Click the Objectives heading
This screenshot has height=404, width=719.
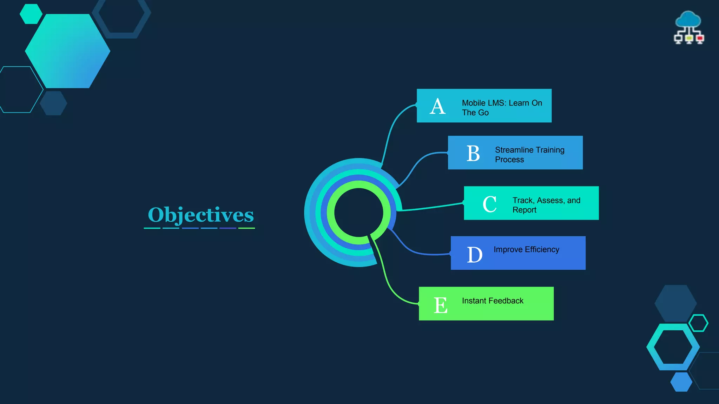(200, 215)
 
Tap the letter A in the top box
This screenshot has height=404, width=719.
(438, 106)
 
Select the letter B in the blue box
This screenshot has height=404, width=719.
(473, 154)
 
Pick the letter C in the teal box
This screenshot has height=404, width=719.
(489, 204)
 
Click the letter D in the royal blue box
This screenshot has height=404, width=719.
(475, 255)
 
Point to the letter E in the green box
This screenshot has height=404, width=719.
(441, 305)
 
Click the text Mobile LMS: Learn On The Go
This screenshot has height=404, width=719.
(502, 108)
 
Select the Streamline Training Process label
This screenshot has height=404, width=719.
(529, 155)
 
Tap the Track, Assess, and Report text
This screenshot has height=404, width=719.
(546, 205)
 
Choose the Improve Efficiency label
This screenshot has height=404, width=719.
(526, 249)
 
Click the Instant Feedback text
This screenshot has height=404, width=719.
(493, 301)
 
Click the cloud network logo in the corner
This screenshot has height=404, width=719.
(689, 27)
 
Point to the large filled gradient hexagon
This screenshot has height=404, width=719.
(68, 51)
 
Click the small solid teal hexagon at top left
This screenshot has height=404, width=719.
(31, 14)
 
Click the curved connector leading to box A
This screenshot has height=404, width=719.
(391, 130)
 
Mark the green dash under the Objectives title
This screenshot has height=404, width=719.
(246, 228)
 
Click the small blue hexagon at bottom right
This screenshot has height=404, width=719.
(681, 382)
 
